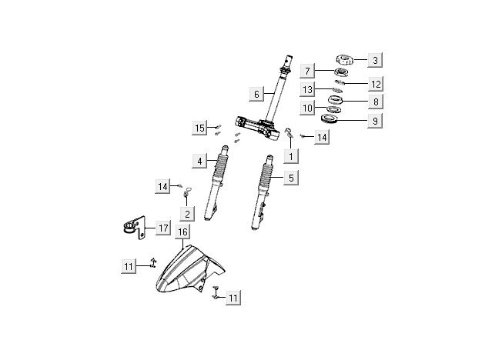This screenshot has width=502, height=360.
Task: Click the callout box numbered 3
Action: point(374,59)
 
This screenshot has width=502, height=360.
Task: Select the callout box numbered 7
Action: point(307,72)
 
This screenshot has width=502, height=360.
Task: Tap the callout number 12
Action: point(374,84)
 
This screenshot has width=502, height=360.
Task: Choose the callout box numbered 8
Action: point(374,102)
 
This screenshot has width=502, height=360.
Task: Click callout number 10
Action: point(307,108)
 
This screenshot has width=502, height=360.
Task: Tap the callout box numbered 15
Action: point(200,127)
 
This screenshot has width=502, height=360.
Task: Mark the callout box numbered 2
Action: point(186,213)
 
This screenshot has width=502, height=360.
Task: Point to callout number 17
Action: point(162,228)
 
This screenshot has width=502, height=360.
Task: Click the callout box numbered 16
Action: point(182,232)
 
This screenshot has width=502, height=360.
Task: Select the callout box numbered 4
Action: point(199,161)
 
